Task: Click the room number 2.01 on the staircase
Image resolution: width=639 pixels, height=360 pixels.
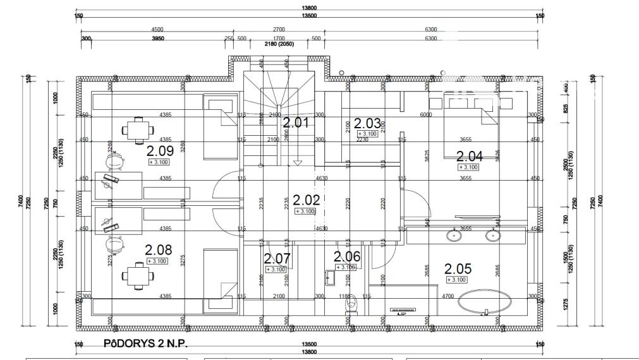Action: [x=295, y=123]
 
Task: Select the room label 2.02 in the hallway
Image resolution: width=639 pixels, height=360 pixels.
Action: [x=306, y=200]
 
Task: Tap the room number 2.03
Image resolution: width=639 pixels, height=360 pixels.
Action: [x=367, y=123]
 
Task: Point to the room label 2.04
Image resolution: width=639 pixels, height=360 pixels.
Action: [x=469, y=156]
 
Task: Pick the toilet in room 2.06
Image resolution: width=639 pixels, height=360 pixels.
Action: [x=352, y=304]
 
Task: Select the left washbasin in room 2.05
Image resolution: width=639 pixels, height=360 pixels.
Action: [x=454, y=236]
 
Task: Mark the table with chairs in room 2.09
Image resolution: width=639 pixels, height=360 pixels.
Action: [x=137, y=130]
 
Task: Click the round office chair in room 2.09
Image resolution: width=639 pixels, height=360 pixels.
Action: [x=114, y=162]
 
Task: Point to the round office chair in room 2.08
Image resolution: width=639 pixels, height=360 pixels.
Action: [x=114, y=244]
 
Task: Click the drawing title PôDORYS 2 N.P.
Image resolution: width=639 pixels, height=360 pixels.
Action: [x=145, y=343]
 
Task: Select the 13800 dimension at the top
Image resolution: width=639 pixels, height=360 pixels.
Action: [x=310, y=8]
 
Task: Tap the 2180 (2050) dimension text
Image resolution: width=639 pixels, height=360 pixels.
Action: [x=280, y=44]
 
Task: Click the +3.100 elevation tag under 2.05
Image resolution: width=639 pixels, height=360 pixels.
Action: [x=456, y=280]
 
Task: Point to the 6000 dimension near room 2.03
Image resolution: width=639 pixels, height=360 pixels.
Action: [x=426, y=114]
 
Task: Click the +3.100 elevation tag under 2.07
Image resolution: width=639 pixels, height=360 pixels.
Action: [x=276, y=269]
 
